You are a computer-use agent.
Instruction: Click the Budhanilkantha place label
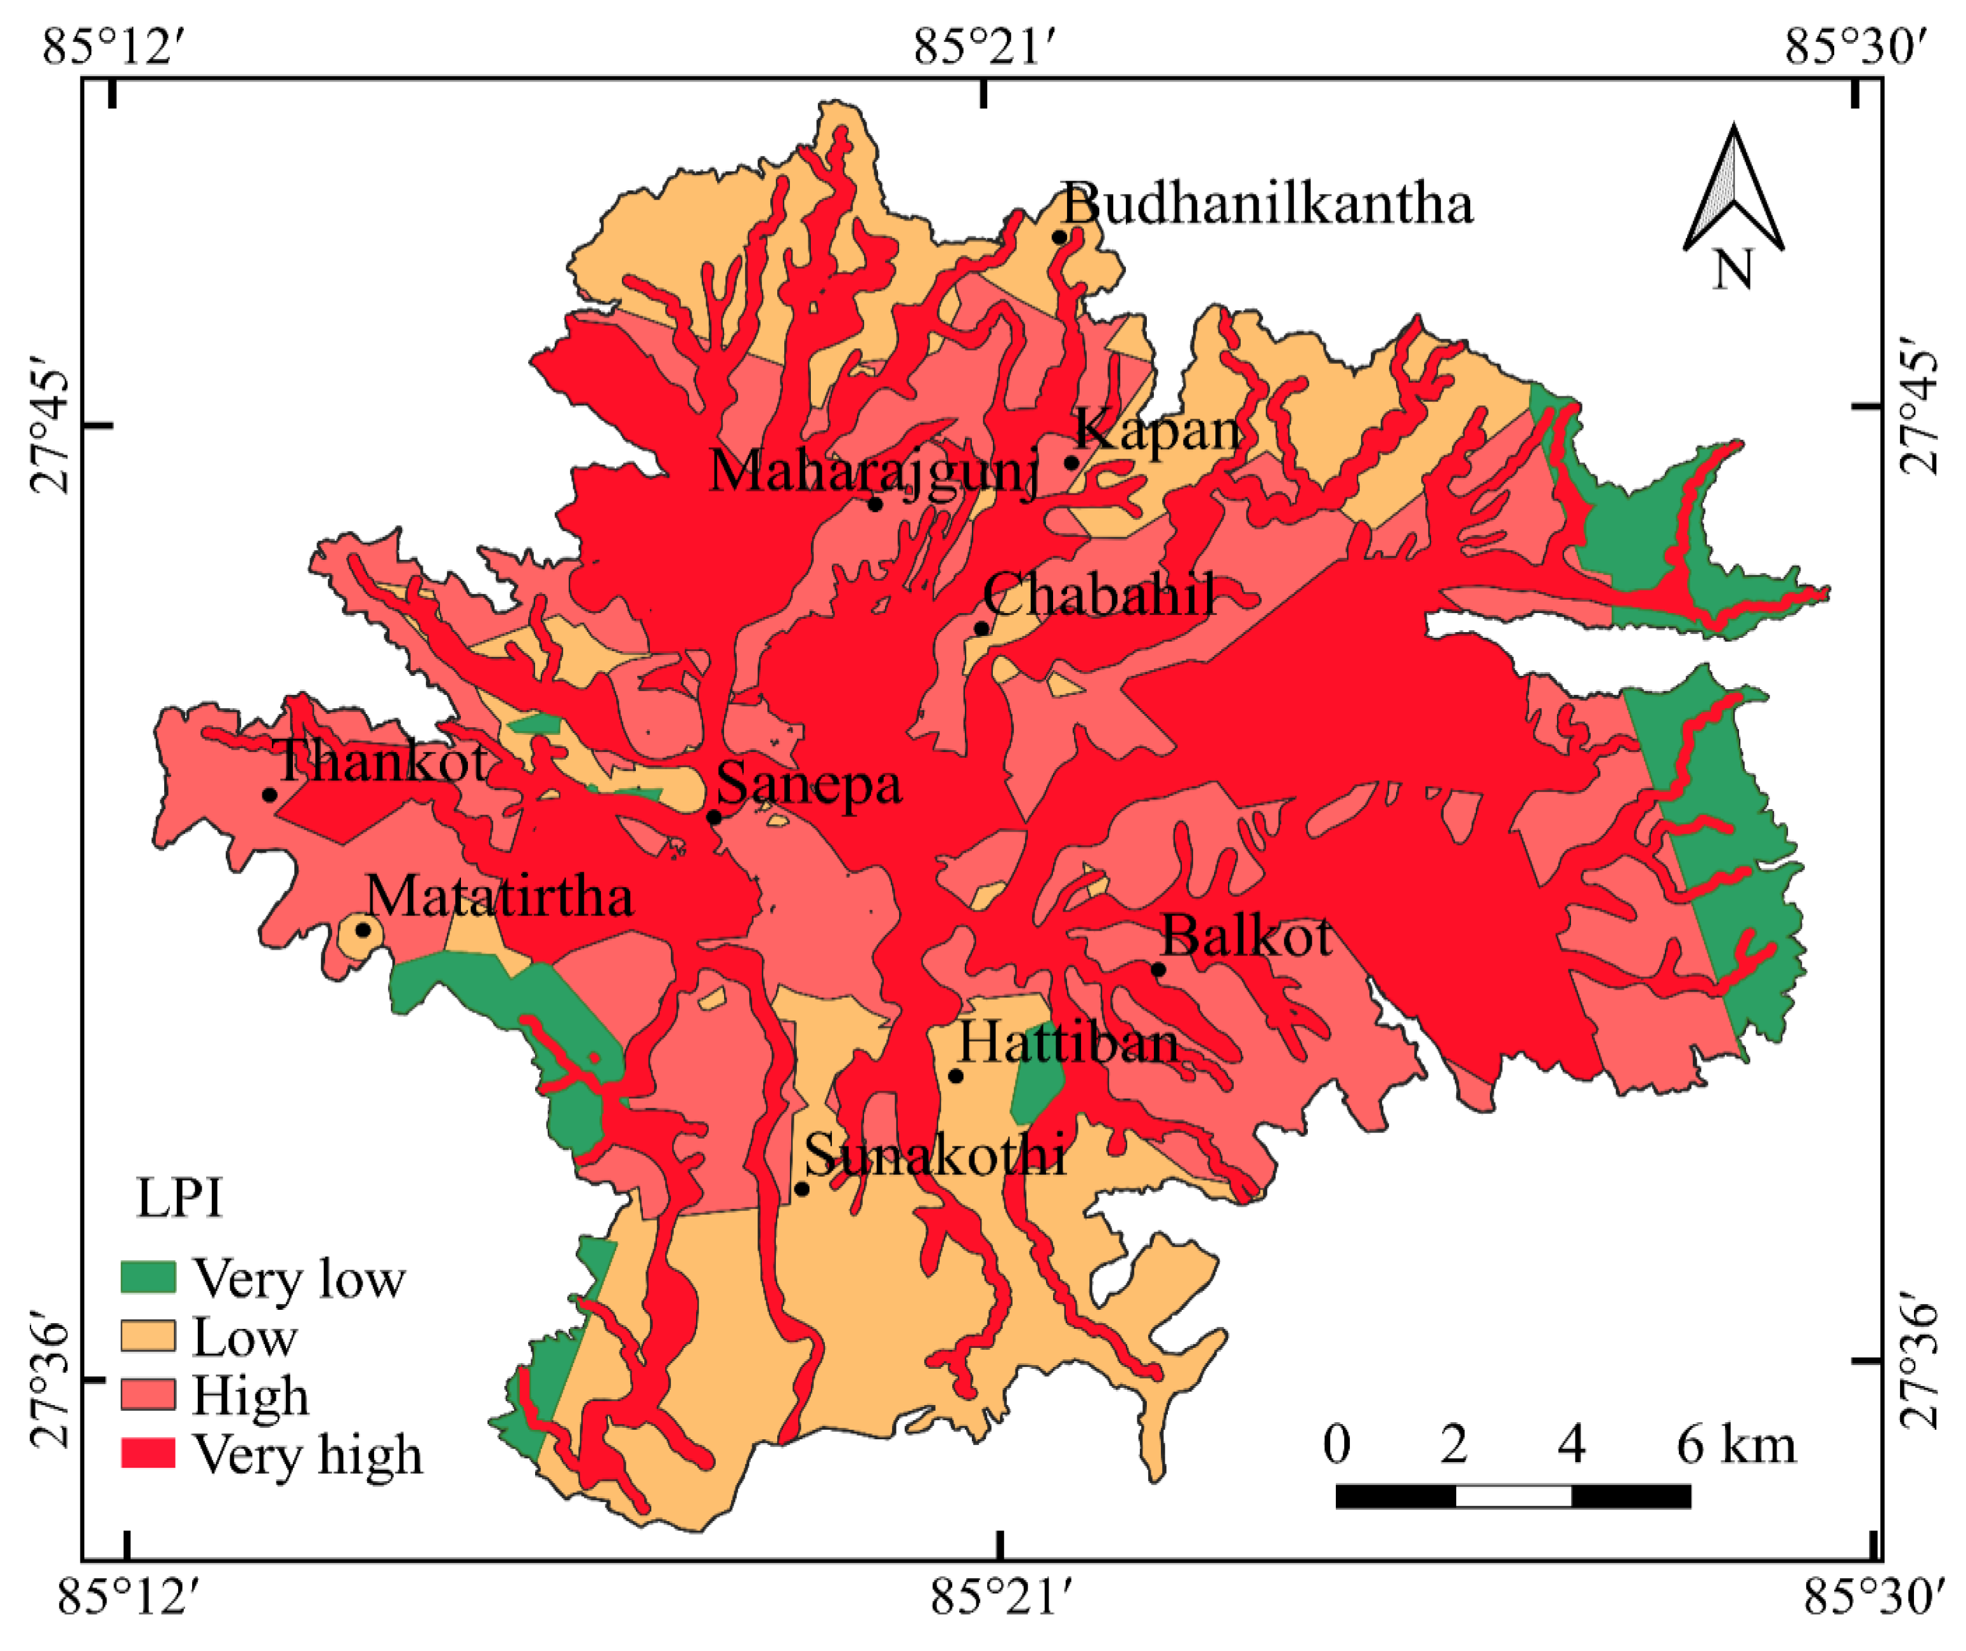click(1267, 204)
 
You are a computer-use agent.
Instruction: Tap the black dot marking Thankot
click(269, 795)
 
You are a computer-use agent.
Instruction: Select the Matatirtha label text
click(499, 897)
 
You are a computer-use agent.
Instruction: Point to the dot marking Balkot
click(1158, 969)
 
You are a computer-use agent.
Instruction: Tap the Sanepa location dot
click(713, 817)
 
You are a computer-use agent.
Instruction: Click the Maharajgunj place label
click(874, 470)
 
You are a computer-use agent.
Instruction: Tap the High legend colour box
click(148, 1394)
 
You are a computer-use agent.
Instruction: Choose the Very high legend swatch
click(148, 1453)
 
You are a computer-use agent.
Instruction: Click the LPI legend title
click(180, 1198)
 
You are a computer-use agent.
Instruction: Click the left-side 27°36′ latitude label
click(49, 1385)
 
